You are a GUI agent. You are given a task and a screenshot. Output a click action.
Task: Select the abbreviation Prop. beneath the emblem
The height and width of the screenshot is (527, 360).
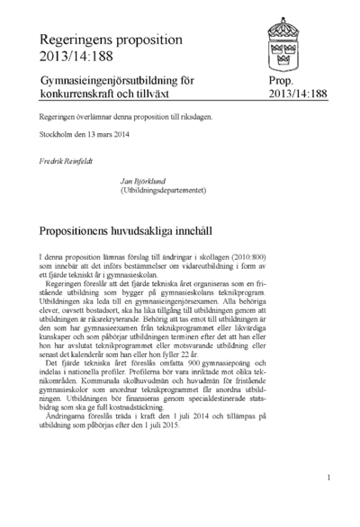click(x=281, y=81)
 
